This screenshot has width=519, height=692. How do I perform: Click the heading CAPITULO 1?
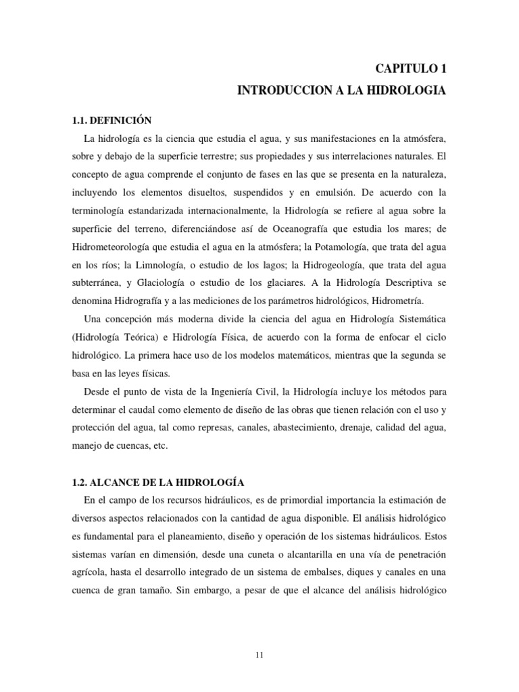click(410, 68)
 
